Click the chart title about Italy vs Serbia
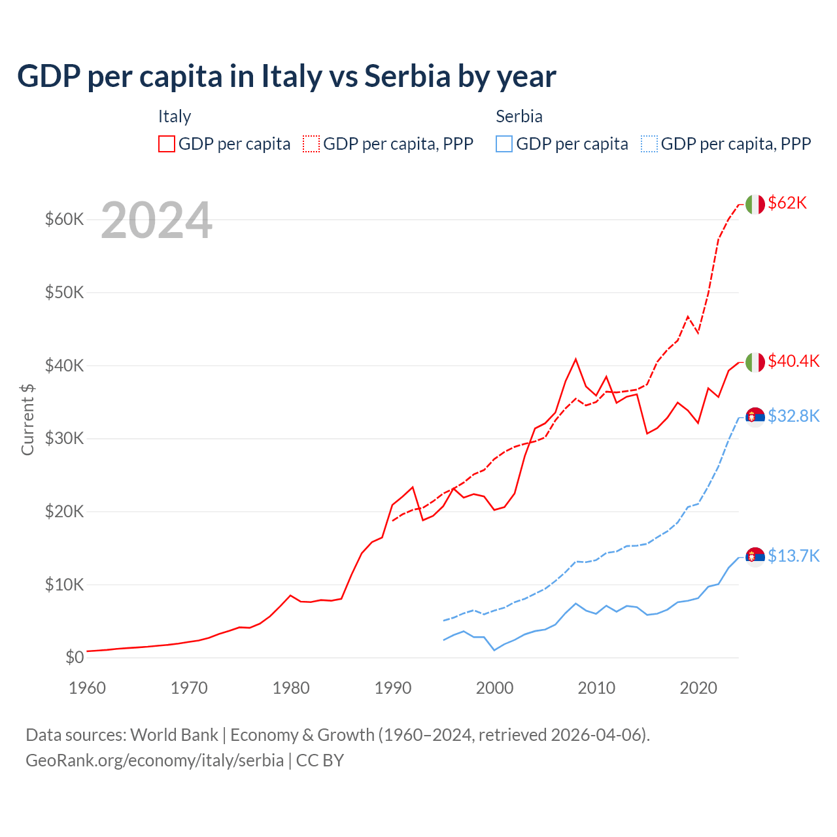(286, 77)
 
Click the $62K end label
(787, 203)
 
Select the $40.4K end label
(793, 361)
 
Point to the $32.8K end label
(793, 416)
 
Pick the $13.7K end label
(793, 556)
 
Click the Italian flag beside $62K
(755, 204)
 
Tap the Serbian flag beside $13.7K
(755, 556)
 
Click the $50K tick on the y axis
(64, 292)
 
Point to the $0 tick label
(75, 657)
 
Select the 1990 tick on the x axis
(393, 688)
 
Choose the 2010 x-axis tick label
(596, 688)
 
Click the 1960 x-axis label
(88, 688)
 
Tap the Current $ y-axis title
(27, 419)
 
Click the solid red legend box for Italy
(167, 144)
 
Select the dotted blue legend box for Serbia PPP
(649, 144)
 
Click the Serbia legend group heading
(519, 116)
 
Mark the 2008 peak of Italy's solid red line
(575, 359)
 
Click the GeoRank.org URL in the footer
(154, 760)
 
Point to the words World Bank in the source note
(174, 735)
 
